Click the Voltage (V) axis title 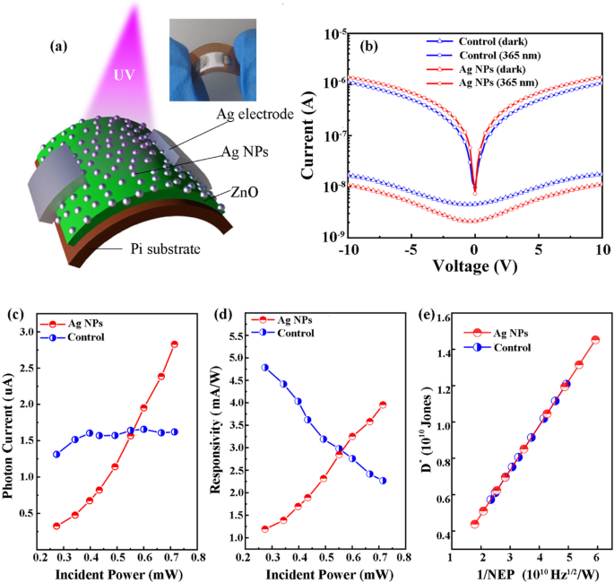(x=474, y=265)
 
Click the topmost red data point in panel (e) (x=595, y=340)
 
